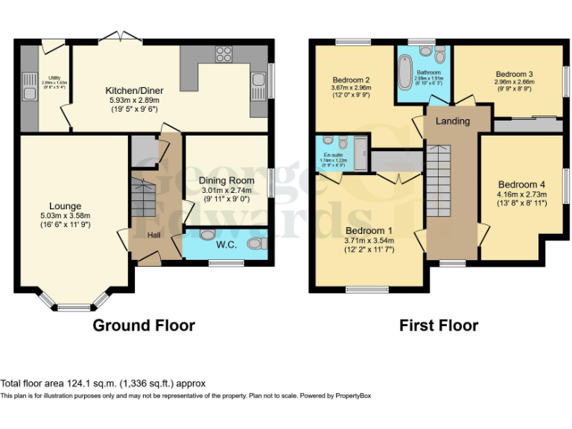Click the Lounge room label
pos(65,206)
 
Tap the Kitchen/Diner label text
pos(134,91)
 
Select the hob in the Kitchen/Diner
pos(223,54)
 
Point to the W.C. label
pos(226,243)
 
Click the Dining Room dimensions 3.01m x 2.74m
pos(226,190)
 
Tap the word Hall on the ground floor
pos(153,235)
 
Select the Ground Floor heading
pos(143,325)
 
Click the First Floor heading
pos(439,325)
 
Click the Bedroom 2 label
pos(351,80)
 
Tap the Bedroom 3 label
pos(514,74)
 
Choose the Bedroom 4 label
pos(521,185)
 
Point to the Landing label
pos(452,121)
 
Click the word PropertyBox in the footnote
pos(349,395)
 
